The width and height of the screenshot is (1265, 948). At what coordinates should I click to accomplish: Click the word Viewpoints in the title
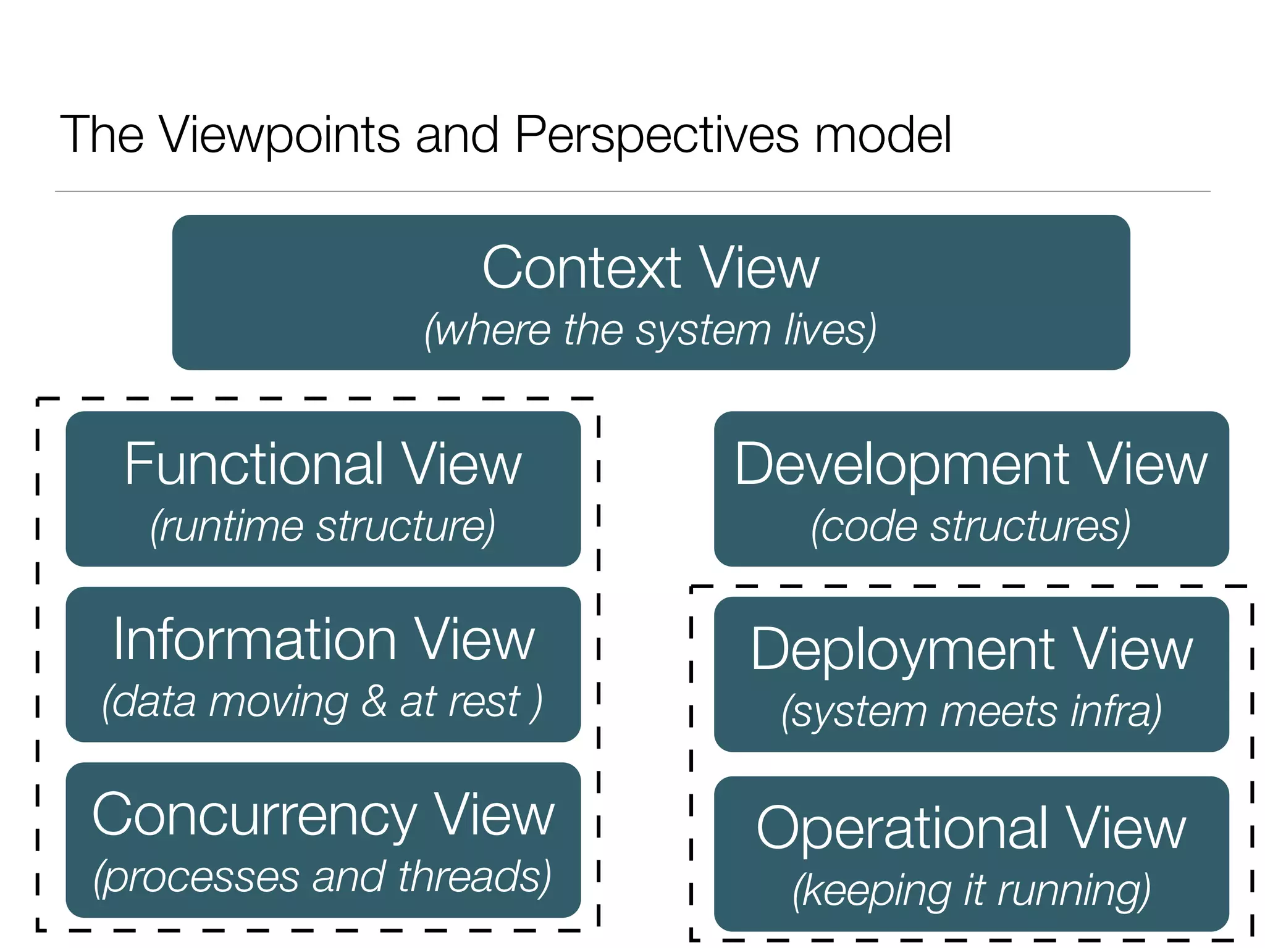point(280,135)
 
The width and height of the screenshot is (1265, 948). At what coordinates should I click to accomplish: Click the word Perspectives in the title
point(656,135)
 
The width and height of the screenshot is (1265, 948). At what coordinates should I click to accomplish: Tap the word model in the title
point(882,135)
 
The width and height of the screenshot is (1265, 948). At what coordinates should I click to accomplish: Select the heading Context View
point(650,268)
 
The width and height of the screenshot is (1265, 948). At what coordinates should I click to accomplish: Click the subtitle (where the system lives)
point(650,330)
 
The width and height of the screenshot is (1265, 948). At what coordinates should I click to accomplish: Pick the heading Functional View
point(323,464)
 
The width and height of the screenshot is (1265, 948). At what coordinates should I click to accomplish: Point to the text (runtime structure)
point(323,526)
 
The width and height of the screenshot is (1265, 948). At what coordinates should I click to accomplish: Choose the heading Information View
point(323,640)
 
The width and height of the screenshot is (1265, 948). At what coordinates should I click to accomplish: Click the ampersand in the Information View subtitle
point(374,702)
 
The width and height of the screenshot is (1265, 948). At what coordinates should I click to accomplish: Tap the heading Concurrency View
point(323,815)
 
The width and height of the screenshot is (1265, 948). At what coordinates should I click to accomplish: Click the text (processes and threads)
point(323,877)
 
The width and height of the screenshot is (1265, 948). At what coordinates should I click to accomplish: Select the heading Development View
point(971,464)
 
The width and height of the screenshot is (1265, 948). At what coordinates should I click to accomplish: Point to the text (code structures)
point(971,526)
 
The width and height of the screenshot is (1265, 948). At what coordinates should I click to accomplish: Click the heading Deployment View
point(971,649)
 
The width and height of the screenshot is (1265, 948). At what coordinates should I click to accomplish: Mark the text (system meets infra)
point(971,712)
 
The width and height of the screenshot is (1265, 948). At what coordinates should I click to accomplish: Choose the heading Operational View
point(971,828)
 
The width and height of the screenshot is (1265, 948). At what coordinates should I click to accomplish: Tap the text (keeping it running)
point(971,891)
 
